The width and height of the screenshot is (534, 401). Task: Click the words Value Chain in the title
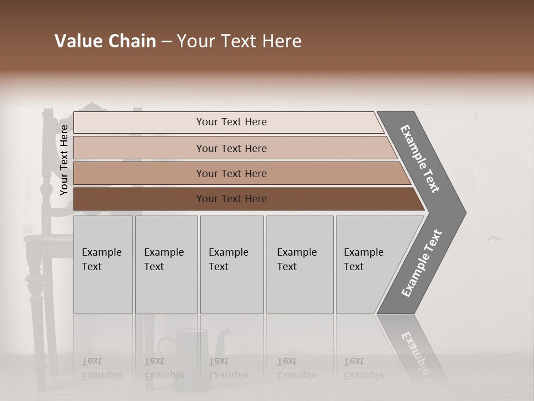tap(105, 41)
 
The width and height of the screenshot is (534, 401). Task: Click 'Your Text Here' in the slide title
tap(239, 41)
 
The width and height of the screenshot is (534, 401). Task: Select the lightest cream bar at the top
tap(231, 122)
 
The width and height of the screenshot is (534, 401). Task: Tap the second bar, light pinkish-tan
tap(231, 148)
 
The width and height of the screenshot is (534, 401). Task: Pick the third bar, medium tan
tap(231, 173)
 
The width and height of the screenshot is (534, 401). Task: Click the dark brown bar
tap(231, 199)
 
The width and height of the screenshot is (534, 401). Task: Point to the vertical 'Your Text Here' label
tap(64, 160)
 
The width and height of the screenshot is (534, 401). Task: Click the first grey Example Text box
tap(103, 265)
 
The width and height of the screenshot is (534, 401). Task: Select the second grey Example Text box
tap(166, 265)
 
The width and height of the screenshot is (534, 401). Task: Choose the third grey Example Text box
tap(231, 265)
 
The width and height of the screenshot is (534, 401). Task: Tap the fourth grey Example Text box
tap(299, 265)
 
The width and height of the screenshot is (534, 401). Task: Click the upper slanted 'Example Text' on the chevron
tap(420, 159)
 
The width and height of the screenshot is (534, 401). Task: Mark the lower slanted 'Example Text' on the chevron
tap(422, 263)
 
